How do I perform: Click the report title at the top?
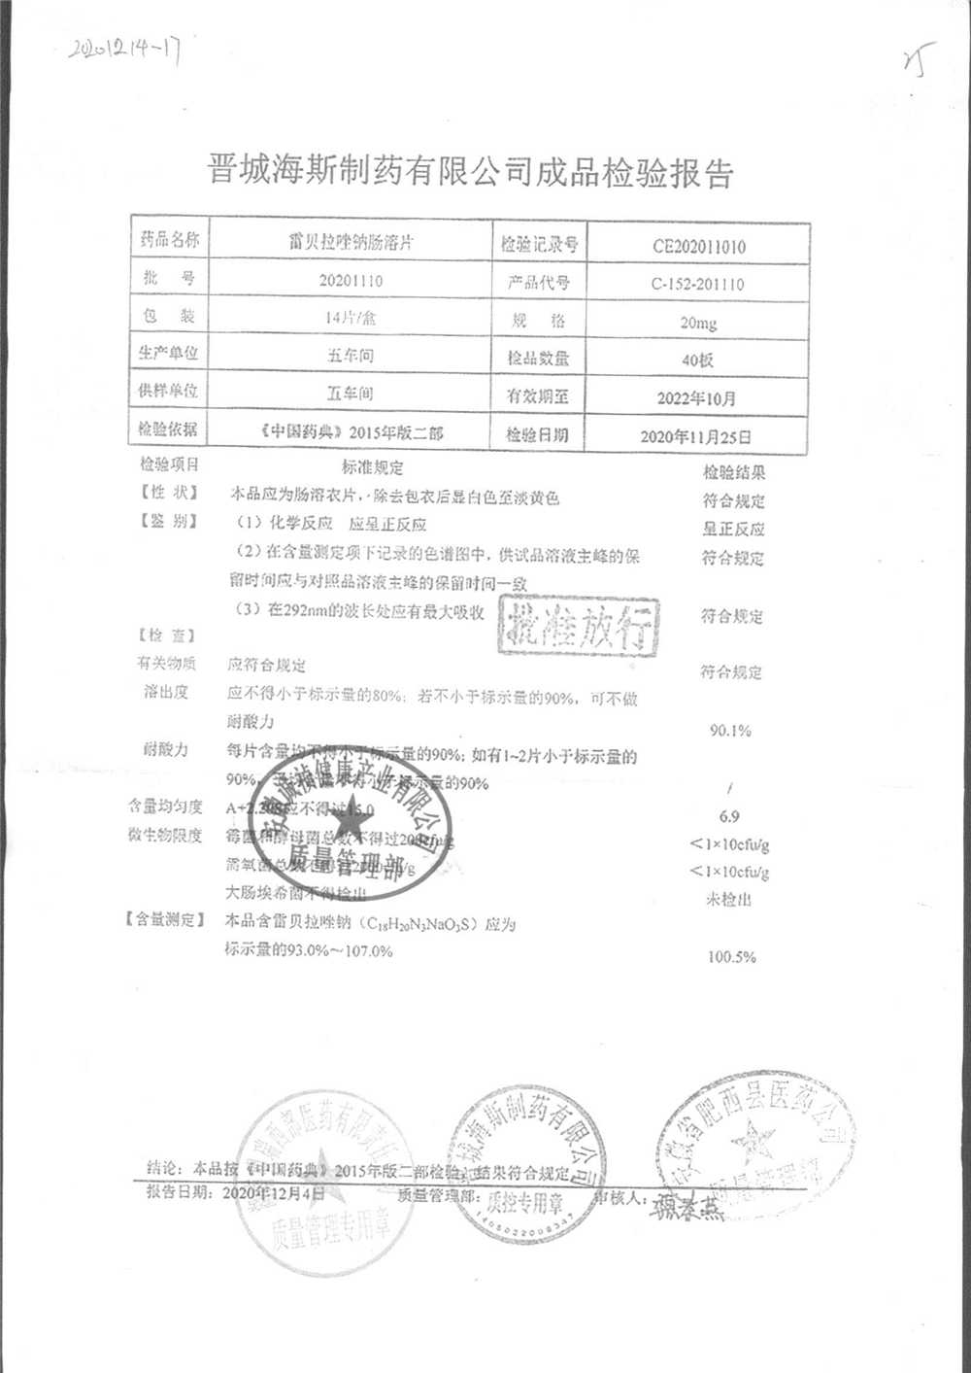471,172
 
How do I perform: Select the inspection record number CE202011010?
699,247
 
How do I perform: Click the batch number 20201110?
351,281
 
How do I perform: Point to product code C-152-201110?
698,285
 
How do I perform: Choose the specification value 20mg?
698,323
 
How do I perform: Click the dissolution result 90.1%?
730,731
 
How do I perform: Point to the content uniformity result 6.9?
729,816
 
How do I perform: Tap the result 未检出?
728,901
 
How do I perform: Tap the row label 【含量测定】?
163,920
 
